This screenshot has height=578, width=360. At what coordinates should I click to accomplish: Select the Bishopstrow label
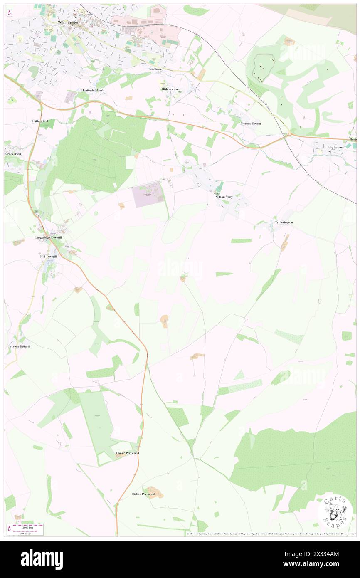pos(170,89)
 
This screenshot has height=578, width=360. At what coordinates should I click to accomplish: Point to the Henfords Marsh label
pos(93,90)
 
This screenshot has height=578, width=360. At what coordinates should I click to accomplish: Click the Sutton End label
pos(40,121)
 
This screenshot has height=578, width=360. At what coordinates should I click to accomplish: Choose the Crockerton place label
pos(13,154)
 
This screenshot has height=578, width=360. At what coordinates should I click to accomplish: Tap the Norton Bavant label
pos(251,124)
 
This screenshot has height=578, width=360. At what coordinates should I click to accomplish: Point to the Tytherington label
pos(284,222)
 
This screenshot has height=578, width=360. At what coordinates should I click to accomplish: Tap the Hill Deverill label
pos(48,257)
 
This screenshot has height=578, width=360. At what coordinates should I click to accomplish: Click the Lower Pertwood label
pos(127,453)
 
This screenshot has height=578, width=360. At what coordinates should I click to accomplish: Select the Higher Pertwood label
pos(143,494)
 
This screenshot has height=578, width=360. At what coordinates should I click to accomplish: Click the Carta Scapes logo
pos(335,511)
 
